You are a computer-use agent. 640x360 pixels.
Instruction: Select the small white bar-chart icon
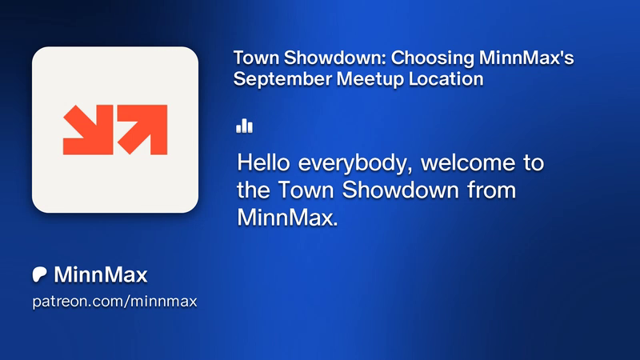point(244,126)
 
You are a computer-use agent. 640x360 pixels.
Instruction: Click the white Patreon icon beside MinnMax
point(39,274)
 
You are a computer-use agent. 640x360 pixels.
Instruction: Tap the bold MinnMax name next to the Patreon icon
point(101,274)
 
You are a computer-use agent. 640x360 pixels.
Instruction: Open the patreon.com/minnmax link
point(114,302)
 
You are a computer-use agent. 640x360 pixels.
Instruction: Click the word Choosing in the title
point(433,58)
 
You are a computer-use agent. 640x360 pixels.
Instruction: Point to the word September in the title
point(282,78)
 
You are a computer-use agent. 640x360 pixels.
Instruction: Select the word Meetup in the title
point(370,78)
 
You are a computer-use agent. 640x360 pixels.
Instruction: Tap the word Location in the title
point(446,78)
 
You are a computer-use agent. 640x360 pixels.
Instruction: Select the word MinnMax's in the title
point(526,58)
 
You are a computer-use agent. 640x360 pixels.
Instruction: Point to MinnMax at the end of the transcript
point(287,217)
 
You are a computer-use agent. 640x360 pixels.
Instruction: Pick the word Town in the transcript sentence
point(306,190)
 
